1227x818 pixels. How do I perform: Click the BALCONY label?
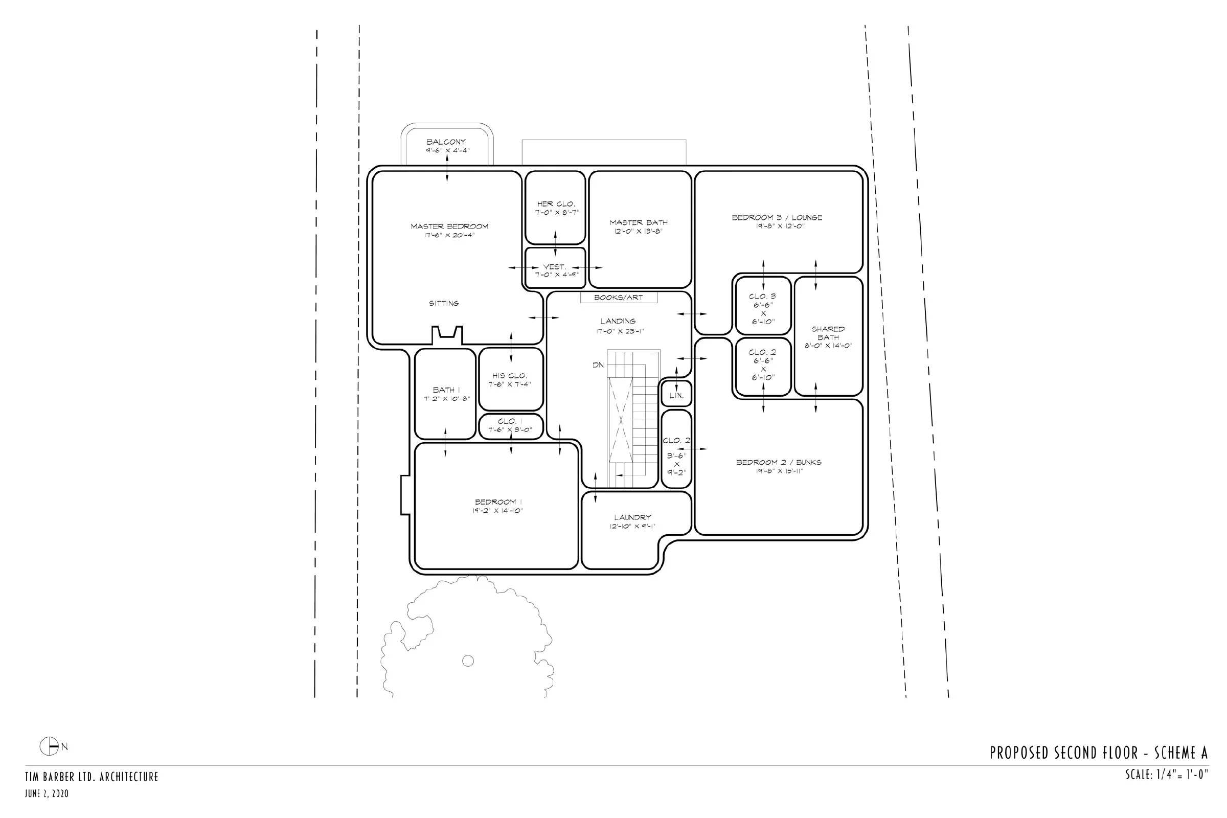click(x=446, y=142)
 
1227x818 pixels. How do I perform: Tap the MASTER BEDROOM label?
click(x=450, y=226)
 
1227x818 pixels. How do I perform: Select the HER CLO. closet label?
click(x=556, y=204)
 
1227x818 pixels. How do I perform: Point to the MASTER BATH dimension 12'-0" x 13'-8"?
click(x=638, y=231)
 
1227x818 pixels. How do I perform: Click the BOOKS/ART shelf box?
click(x=619, y=298)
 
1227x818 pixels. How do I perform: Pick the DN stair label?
click(x=598, y=365)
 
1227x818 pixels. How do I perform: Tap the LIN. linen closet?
click(x=676, y=394)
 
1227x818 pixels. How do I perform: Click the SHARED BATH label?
click(x=828, y=333)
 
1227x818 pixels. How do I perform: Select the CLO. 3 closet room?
click(x=763, y=306)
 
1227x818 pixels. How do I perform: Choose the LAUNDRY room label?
click(x=632, y=517)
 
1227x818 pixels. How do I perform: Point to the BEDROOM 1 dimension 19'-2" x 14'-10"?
click(x=497, y=511)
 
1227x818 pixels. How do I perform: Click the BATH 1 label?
click(x=446, y=390)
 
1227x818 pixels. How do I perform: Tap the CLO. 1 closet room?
click(x=511, y=426)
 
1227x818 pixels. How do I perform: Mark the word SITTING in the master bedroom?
click(x=444, y=303)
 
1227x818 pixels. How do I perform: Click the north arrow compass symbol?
click(x=50, y=746)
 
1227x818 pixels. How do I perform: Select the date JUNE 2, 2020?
click(x=47, y=794)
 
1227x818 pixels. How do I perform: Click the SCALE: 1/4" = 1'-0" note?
click(x=1167, y=775)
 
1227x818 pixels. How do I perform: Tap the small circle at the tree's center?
click(x=468, y=661)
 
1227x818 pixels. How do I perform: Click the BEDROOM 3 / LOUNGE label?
click(x=777, y=218)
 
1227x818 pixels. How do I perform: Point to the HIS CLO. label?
click(x=510, y=376)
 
